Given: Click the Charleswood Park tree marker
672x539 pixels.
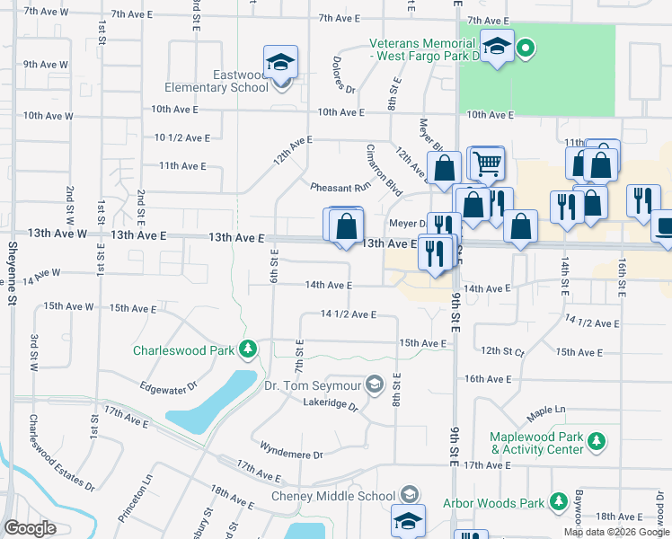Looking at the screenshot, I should (245, 349).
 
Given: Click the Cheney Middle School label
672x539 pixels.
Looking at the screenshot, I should (333, 496).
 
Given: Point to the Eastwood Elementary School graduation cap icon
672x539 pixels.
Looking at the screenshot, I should (281, 63).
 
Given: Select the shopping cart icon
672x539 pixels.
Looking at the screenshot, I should (486, 163).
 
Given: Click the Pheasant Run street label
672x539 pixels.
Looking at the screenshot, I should (340, 188).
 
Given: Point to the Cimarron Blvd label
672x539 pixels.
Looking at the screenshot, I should (383, 169).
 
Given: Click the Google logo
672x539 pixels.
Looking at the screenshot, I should (30, 528).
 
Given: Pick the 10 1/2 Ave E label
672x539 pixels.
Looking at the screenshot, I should (181, 137).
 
